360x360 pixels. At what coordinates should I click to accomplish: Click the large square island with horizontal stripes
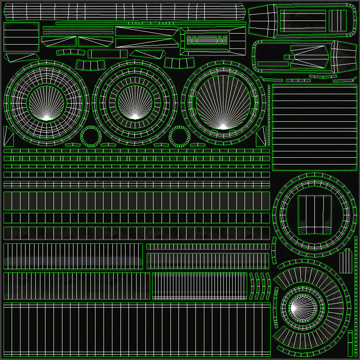pyautogui.click(x=315, y=127)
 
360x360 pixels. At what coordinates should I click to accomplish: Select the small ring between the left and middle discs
pyautogui.click(x=91, y=136)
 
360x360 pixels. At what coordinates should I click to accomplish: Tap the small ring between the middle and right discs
pyautogui.click(x=180, y=136)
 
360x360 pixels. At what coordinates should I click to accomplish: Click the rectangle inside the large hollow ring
pyautogui.click(x=315, y=215)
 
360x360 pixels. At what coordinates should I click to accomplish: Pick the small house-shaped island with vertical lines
pyautogui.click(x=346, y=261)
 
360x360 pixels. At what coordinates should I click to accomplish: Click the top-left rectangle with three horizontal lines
pyautogui.click(x=21, y=37)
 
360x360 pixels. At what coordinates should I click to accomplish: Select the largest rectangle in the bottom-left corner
pyautogui.click(x=137, y=329)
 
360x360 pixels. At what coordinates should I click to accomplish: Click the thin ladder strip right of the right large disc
pyautogui.click(x=269, y=115)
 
